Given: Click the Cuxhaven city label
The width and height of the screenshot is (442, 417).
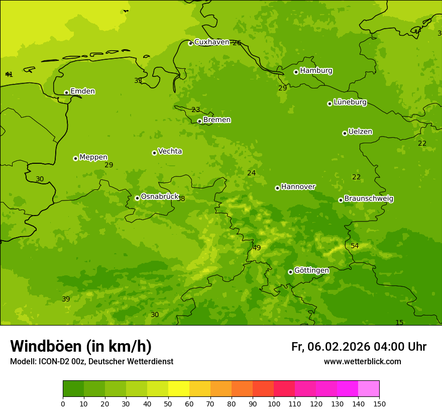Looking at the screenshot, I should point(211,42).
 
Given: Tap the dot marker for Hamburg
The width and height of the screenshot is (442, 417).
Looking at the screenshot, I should point(296,72).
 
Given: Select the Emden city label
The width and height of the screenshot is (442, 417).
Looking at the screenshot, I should point(82,91).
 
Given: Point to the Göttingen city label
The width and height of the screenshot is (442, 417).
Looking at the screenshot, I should point(311,270).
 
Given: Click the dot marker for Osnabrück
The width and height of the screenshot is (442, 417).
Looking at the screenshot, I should point(137,198).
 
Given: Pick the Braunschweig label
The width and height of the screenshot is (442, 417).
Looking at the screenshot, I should point(369,199).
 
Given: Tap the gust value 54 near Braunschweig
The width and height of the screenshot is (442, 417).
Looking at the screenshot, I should point(355,246).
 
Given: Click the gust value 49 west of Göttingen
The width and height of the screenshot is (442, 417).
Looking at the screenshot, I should point(257,248).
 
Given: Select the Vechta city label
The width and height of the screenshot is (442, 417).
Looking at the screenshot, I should point(170,151).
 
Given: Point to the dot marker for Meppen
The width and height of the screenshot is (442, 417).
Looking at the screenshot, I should point(75,158).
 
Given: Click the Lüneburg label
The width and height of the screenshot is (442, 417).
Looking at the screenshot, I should point(350,102).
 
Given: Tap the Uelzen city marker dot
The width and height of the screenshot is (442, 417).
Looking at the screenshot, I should point(345,133).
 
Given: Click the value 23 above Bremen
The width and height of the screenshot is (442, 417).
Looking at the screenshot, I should point(196,110).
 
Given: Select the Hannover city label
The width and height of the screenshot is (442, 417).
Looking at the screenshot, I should point(298,187).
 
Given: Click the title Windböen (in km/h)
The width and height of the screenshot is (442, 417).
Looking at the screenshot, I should point(81,346).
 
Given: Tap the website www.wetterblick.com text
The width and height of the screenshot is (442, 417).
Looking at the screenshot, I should point(362,362).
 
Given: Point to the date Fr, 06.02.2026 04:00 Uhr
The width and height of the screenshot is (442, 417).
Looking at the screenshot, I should point(359,347).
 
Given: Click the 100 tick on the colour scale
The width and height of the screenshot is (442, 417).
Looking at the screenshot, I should point(274,403).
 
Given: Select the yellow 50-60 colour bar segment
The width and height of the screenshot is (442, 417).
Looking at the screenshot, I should point(179,389).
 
